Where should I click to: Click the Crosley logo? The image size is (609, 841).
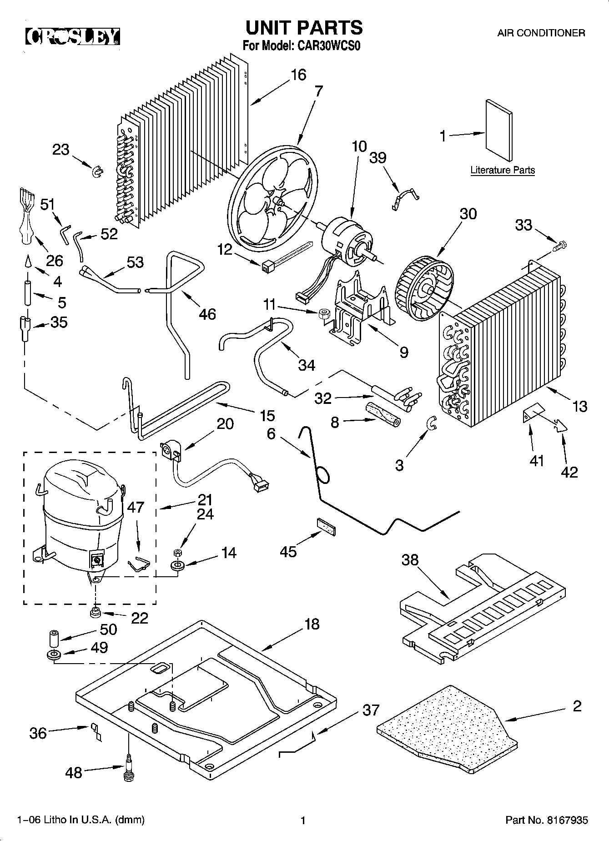72,37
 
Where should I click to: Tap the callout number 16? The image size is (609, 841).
298,75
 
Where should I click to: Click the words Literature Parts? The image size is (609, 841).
503,171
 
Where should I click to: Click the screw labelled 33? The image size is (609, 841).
560,246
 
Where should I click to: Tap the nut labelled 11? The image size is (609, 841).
325,314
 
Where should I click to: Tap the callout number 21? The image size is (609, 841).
205,500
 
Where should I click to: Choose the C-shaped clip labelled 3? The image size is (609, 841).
432,423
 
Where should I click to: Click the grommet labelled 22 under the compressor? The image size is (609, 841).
96,612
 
